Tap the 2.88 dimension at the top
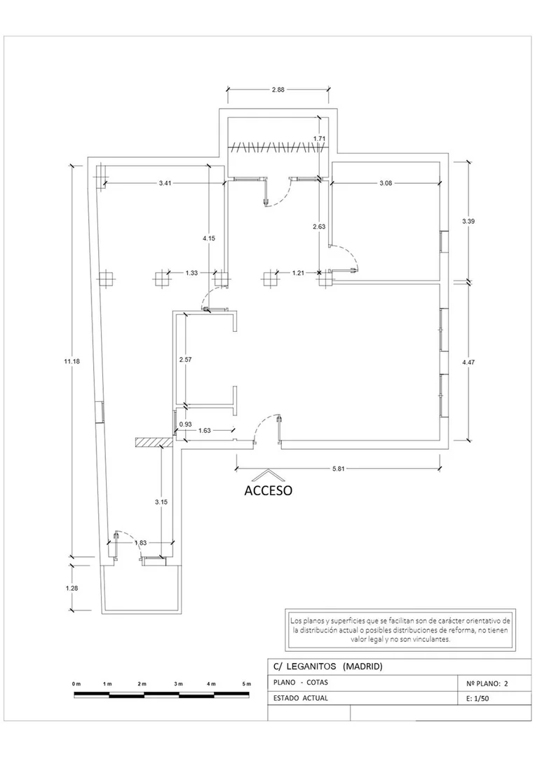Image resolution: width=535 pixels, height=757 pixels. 278,89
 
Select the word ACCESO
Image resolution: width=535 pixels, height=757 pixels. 269,490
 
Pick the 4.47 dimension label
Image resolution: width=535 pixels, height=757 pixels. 468,361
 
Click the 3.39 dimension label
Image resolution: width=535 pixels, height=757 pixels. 468,221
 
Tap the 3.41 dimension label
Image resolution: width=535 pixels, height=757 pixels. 165,183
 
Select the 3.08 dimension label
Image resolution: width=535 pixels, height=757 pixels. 386,183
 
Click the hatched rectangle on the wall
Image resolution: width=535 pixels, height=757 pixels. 154,442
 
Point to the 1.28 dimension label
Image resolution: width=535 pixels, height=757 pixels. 72,588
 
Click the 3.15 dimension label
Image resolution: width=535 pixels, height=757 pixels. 161,502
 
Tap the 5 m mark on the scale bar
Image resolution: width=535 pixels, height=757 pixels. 247,684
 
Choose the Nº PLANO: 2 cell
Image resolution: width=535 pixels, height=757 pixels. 487,683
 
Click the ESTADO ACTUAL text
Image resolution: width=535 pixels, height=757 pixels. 301,698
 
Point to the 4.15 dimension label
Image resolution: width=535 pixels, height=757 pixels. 209,238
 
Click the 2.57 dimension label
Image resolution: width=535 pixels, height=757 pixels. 186,360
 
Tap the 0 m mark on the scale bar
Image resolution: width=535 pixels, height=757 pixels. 76,684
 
